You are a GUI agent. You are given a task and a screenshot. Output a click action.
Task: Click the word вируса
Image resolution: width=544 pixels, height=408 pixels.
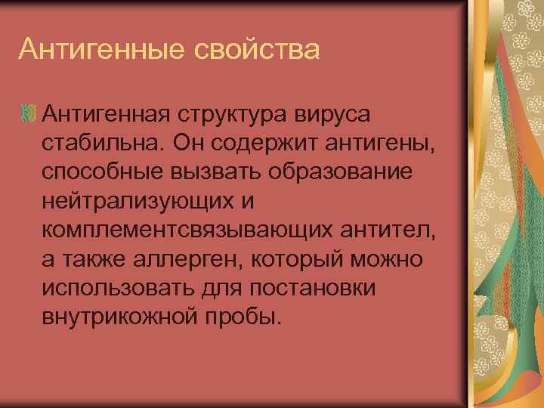click(x=338, y=115)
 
